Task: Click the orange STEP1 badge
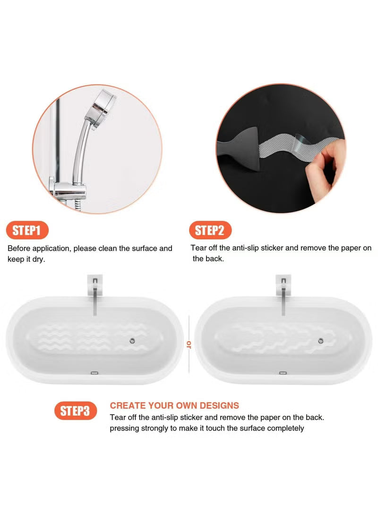coord(28,230)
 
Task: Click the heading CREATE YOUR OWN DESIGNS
coord(174,405)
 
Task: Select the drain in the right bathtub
coord(321,340)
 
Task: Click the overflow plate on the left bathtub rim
coord(94,372)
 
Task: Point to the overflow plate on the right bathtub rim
coord(283,373)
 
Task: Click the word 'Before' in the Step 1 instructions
coord(19,248)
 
